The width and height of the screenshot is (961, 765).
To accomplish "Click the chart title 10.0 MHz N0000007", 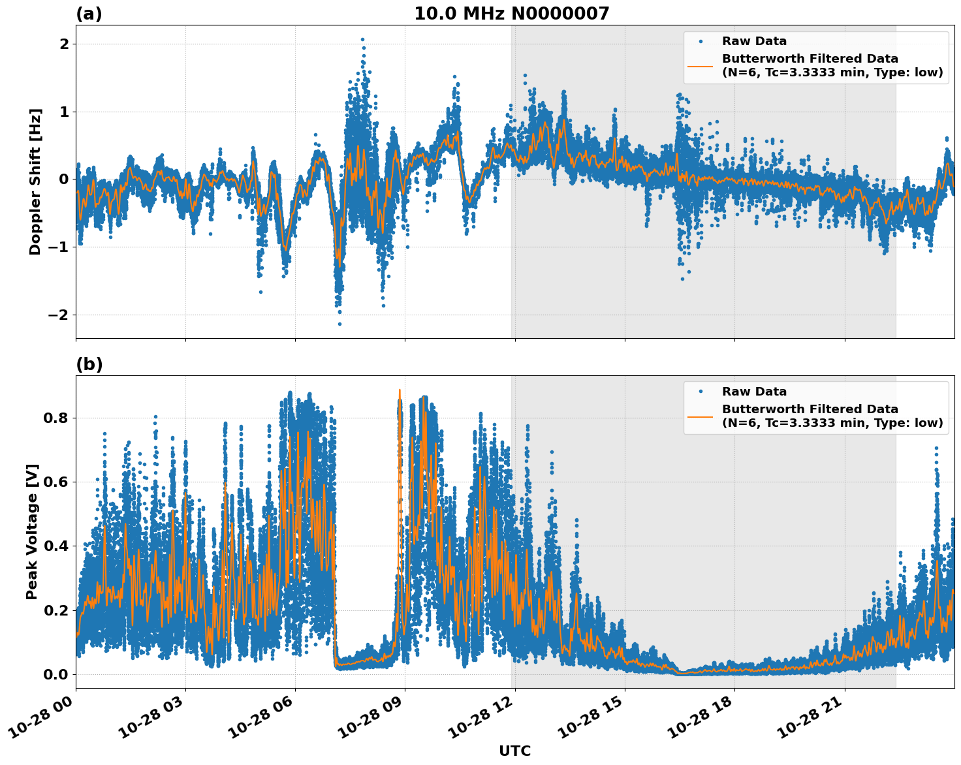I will pos(511,14).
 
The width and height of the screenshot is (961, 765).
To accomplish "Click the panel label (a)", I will pos(89,14).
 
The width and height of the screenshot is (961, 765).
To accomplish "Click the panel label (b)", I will pos(89,364).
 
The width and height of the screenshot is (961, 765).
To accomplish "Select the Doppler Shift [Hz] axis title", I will pos(35,181).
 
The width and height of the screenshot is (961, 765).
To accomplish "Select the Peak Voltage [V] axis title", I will pos(32,531).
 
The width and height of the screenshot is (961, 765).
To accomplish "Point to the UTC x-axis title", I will pos(514,751).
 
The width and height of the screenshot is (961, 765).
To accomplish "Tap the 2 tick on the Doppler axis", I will pos(64,44).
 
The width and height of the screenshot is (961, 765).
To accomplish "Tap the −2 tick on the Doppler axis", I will pos(59,315).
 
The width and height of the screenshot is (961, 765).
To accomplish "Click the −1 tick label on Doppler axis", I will pos(59,247).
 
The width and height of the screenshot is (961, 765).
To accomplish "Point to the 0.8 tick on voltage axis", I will pos(56,418).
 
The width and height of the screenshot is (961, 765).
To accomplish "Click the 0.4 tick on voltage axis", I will pos(56,546).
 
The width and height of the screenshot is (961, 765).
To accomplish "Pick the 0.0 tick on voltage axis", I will pos(56,674).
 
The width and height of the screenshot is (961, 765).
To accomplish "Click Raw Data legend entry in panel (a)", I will pos(754,41).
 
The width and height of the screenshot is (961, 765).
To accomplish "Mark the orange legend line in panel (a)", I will pos(701,66).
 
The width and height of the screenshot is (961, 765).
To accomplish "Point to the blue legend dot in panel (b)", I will pos(701,392).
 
